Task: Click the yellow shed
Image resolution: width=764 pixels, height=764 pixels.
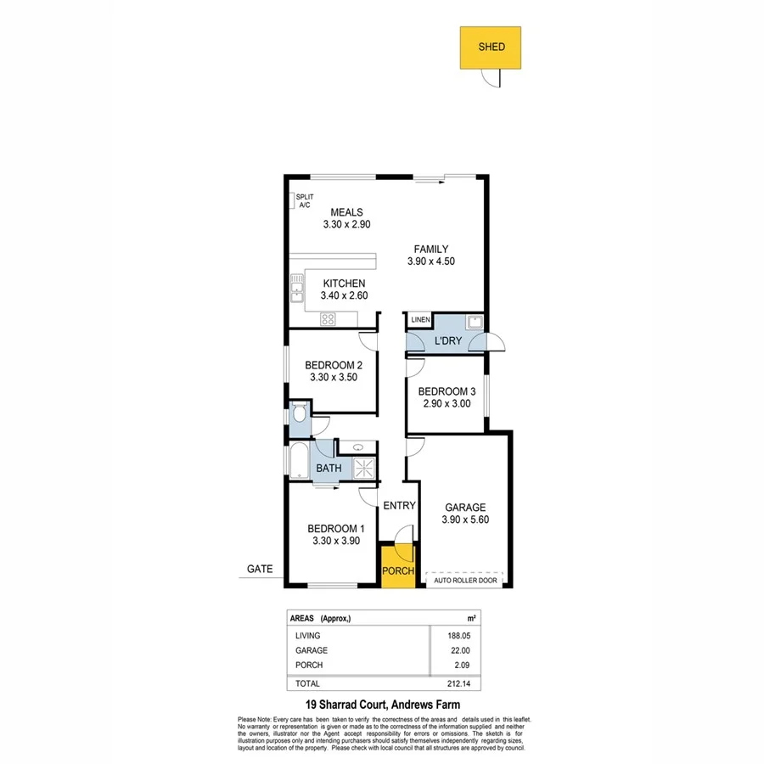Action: (490, 48)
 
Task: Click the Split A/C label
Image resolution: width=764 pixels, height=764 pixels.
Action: (303, 200)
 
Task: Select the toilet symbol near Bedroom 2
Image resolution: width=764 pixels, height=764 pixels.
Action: (298, 415)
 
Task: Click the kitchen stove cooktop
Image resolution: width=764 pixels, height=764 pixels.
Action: (329, 319)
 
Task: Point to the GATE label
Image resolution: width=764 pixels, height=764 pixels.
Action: (260, 570)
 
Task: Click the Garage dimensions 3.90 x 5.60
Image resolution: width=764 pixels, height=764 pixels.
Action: (465, 520)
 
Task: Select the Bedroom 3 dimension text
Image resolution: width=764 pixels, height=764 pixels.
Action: (447, 404)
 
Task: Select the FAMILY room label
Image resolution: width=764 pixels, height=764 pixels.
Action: (430, 249)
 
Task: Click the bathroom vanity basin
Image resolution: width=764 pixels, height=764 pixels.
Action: (358, 447)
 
